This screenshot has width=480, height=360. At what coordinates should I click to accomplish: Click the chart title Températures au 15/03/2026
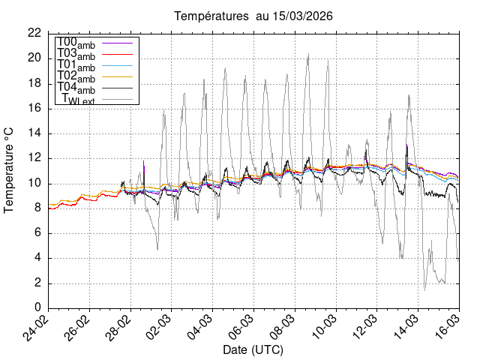(x=253, y=16)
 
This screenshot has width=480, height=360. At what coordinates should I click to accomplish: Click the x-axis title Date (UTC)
(x=253, y=350)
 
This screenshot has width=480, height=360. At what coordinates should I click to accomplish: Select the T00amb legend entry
(x=76, y=43)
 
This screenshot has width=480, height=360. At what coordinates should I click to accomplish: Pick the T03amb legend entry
(x=76, y=55)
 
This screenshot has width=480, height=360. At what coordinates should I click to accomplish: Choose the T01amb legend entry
(x=76, y=66)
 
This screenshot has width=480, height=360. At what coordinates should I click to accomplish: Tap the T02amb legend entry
(x=76, y=77)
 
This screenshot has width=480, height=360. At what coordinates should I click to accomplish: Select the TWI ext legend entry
(x=78, y=100)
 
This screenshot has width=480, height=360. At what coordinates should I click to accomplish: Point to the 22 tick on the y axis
(x=34, y=33)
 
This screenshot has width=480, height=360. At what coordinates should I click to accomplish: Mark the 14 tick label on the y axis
(x=34, y=133)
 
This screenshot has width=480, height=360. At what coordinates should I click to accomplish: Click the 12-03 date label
(x=364, y=328)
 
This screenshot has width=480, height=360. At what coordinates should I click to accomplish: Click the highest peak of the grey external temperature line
(x=308, y=54)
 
